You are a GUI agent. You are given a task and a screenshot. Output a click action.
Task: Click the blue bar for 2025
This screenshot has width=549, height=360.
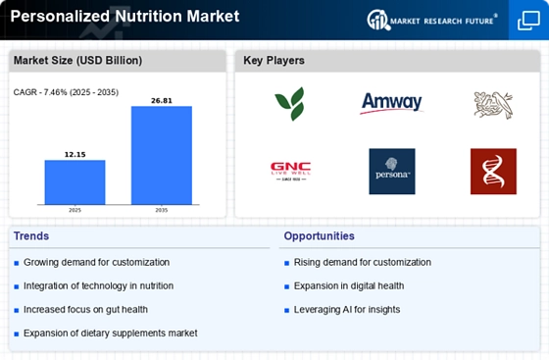75,182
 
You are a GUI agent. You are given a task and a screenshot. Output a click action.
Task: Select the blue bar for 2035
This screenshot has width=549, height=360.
162,155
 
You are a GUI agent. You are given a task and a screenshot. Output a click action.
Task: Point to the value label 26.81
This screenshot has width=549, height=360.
162,101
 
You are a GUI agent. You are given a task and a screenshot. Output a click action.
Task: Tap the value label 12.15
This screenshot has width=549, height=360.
75,154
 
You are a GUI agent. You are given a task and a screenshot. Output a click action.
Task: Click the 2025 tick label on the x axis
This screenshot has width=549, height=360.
75,210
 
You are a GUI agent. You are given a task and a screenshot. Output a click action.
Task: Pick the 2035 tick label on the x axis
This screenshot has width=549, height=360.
162,210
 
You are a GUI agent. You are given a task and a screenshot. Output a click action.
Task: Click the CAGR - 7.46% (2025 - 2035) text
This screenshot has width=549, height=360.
66,92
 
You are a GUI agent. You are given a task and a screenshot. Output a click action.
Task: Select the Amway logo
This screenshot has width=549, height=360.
391,103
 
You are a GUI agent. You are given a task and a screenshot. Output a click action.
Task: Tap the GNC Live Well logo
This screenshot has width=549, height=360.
290,172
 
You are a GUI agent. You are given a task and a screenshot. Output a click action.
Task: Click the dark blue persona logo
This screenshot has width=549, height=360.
392,172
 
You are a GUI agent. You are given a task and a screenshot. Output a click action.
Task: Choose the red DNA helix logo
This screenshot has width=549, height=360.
493,172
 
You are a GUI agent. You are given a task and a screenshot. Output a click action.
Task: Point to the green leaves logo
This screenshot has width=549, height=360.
290,104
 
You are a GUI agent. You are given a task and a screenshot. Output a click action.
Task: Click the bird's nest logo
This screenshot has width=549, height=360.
493,105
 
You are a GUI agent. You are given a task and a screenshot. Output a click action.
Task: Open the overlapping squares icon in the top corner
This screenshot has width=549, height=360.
528,21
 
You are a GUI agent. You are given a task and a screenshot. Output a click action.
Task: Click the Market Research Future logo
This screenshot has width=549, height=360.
432,21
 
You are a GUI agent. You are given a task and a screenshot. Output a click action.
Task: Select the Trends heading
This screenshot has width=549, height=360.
31,236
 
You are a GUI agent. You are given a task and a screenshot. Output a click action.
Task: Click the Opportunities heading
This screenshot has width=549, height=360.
319,236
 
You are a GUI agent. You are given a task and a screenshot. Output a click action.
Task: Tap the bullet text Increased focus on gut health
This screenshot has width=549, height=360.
85,310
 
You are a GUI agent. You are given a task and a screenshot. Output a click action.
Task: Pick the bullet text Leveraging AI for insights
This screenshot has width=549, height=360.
347,310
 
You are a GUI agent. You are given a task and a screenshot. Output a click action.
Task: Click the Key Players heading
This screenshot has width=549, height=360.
274,61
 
